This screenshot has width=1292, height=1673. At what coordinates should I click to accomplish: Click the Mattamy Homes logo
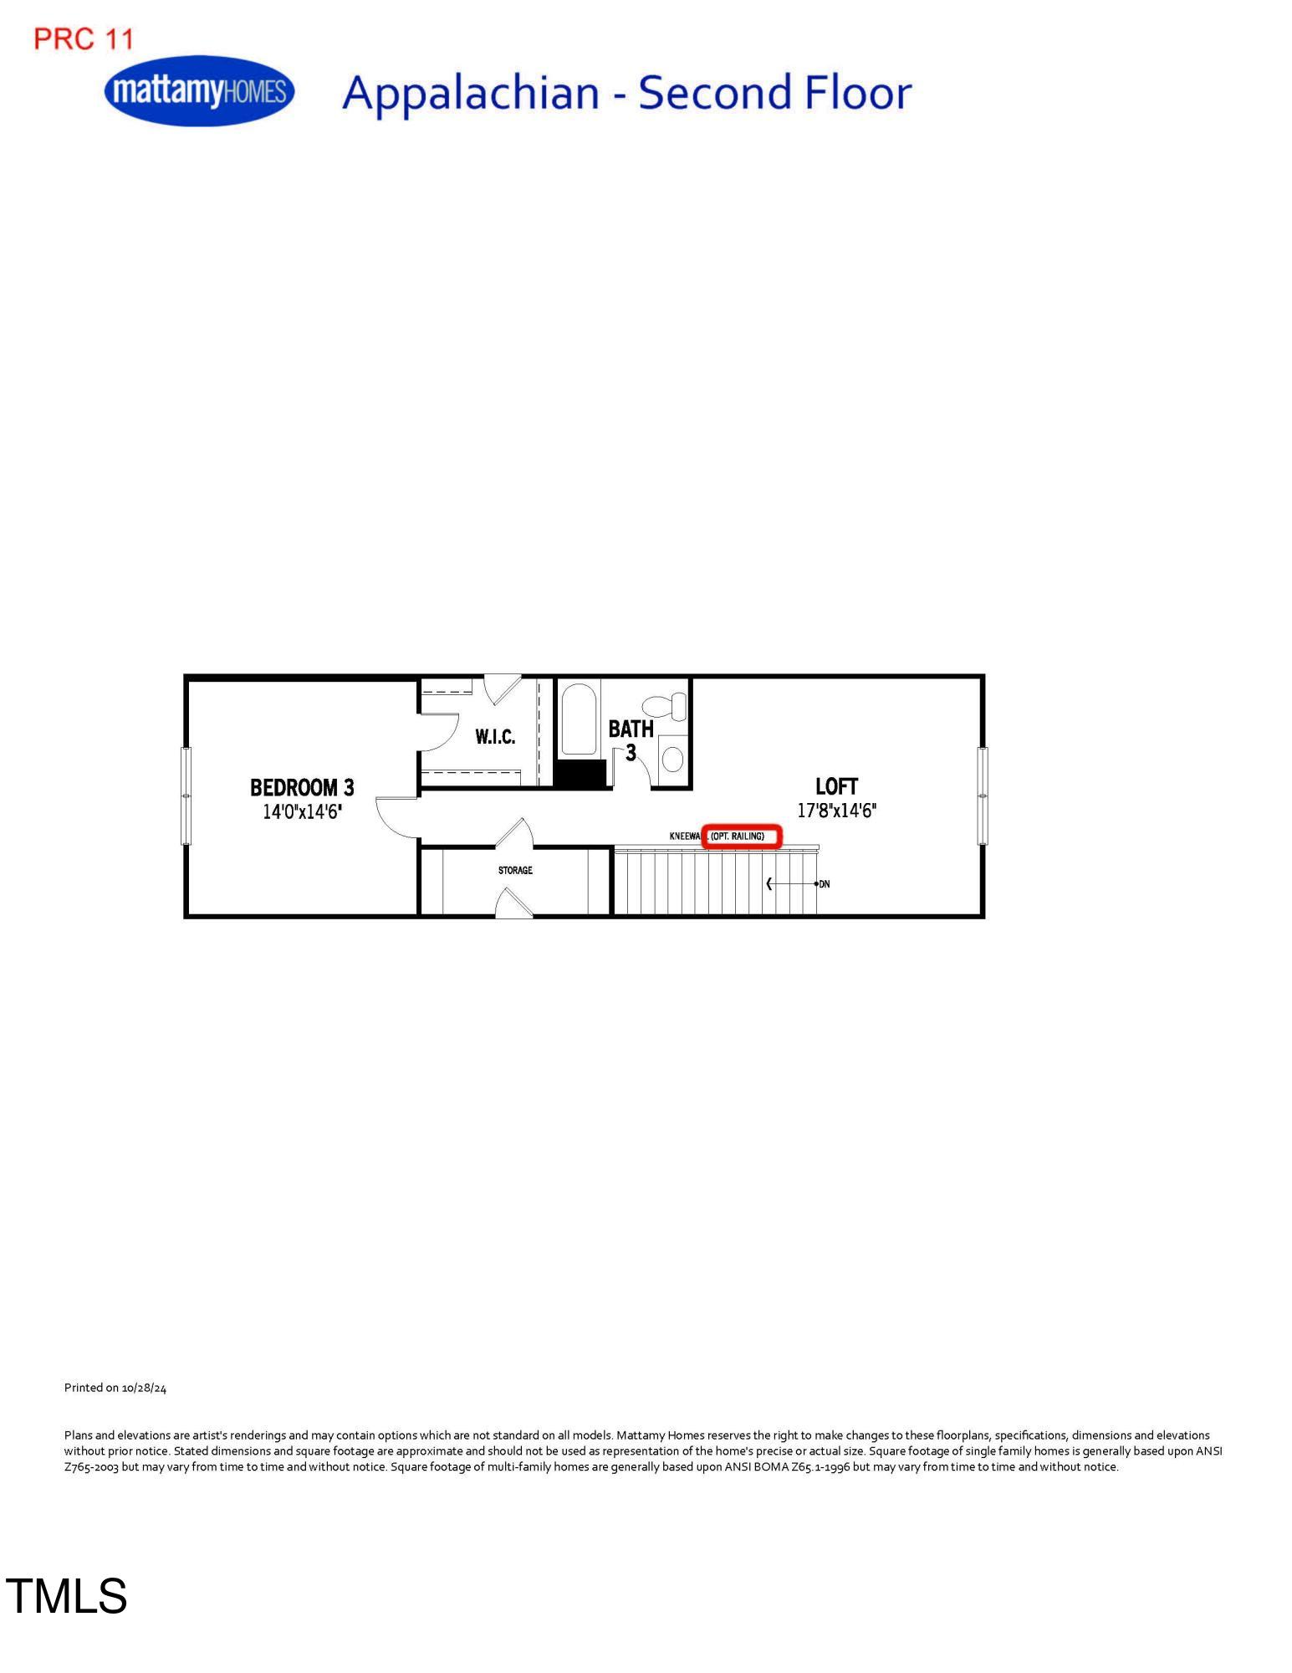pyautogui.click(x=200, y=90)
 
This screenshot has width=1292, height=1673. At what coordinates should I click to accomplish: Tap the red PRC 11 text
pyautogui.click(x=84, y=38)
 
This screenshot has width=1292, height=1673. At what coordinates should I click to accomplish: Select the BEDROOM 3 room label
pyautogui.click(x=302, y=787)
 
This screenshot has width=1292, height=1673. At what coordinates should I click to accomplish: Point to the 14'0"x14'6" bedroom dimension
pyautogui.click(x=302, y=811)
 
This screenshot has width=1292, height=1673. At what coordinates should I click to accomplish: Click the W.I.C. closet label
pyautogui.click(x=495, y=737)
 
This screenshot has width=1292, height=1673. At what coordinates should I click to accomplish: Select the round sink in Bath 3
pyautogui.click(x=672, y=760)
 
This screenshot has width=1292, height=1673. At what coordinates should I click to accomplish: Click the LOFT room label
pyautogui.click(x=836, y=786)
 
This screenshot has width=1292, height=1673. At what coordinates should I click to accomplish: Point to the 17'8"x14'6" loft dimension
pyautogui.click(x=836, y=811)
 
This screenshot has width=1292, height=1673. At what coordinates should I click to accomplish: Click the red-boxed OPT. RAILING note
pyautogui.click(x=741, y=836)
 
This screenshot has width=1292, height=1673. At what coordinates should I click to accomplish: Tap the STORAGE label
pyautogui.click(x=515, y=871)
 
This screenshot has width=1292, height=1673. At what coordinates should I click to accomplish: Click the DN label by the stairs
pyautogui.click(x=825, y=884)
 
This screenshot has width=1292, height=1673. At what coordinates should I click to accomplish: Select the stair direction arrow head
pyautogui.click(x=769, y=884)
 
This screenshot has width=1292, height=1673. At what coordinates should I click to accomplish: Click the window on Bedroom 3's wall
pyautogui.click(x=186, y=796)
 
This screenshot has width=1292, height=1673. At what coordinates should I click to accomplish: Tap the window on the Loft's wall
pyautogui.click(x=983, y=796)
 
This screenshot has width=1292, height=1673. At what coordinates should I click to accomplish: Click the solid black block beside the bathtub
pyautogui.click(x=580, y=774)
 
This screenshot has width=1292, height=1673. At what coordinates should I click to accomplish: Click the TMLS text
pyautogui.click(x=67, y=1595)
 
